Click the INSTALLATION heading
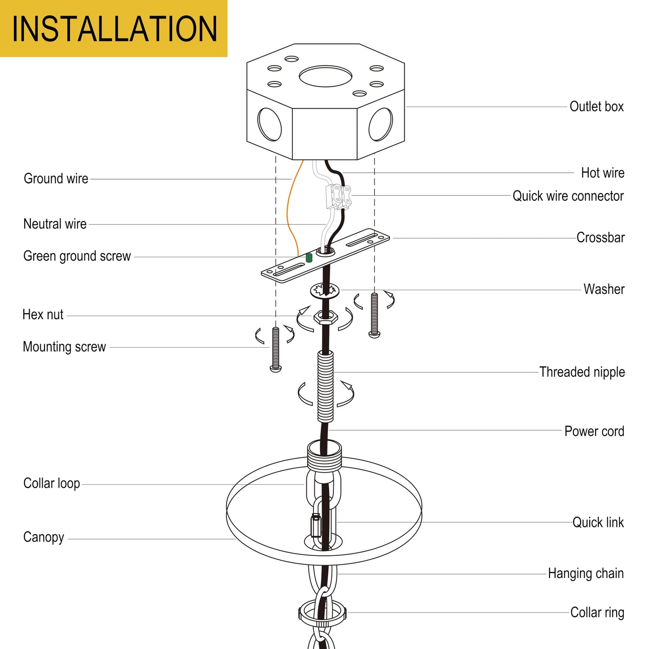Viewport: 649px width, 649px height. (114, 29)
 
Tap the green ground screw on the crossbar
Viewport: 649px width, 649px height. (309, 258)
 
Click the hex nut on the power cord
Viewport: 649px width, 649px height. (325, 317)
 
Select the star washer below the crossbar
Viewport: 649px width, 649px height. (324, 291)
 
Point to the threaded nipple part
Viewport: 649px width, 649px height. (326, 386)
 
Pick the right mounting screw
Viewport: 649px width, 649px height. (374, 315)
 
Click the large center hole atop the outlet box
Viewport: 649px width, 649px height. (326, 76)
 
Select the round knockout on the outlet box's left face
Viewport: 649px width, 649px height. (269, 124)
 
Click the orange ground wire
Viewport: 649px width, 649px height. (290, 211)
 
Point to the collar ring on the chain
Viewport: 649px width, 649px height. (322, 613)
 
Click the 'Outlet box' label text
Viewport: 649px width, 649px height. (596, 106)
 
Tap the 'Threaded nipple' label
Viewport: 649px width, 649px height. (582, 372)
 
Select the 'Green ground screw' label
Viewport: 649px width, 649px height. (77, 256)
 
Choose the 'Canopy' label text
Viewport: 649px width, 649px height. (44, 537)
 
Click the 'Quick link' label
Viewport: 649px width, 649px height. (598, 522)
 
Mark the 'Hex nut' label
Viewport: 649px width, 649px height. (43, 314)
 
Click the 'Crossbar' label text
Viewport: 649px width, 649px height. (600, 238)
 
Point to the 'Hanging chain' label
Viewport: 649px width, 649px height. (586, 574)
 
